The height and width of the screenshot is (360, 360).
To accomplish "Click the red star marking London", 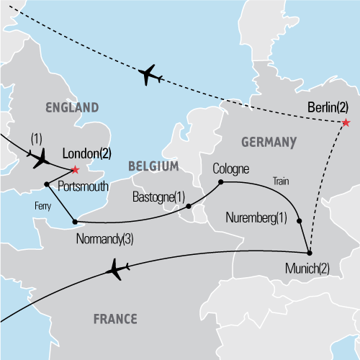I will [75, 170].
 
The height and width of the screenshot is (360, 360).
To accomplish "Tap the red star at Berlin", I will [346, 122].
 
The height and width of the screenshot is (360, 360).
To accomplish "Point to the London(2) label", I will [87, 153].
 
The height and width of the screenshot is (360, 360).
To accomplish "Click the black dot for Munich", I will [309, 252].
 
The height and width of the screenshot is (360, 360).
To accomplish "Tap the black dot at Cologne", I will [221, 182].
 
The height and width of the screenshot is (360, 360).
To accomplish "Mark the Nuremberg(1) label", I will [257, 217].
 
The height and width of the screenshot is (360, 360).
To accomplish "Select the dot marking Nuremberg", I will [299, 221].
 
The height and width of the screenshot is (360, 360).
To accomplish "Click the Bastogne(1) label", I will [158, 197].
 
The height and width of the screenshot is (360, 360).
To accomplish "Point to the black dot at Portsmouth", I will [47, 184].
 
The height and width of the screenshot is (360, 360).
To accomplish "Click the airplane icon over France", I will [117, 271].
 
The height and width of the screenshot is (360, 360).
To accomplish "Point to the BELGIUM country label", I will [153, 166].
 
